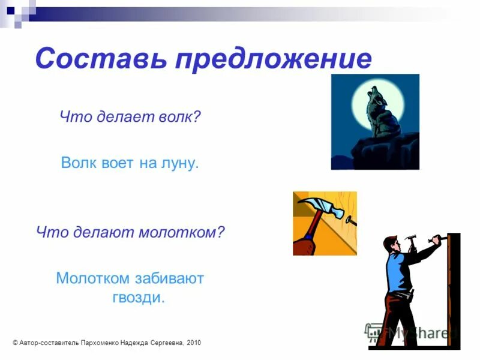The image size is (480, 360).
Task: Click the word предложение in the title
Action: point(273,60)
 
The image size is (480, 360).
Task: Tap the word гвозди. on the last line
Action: point(138,298)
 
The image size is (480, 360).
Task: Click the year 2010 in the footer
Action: point(194,343)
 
